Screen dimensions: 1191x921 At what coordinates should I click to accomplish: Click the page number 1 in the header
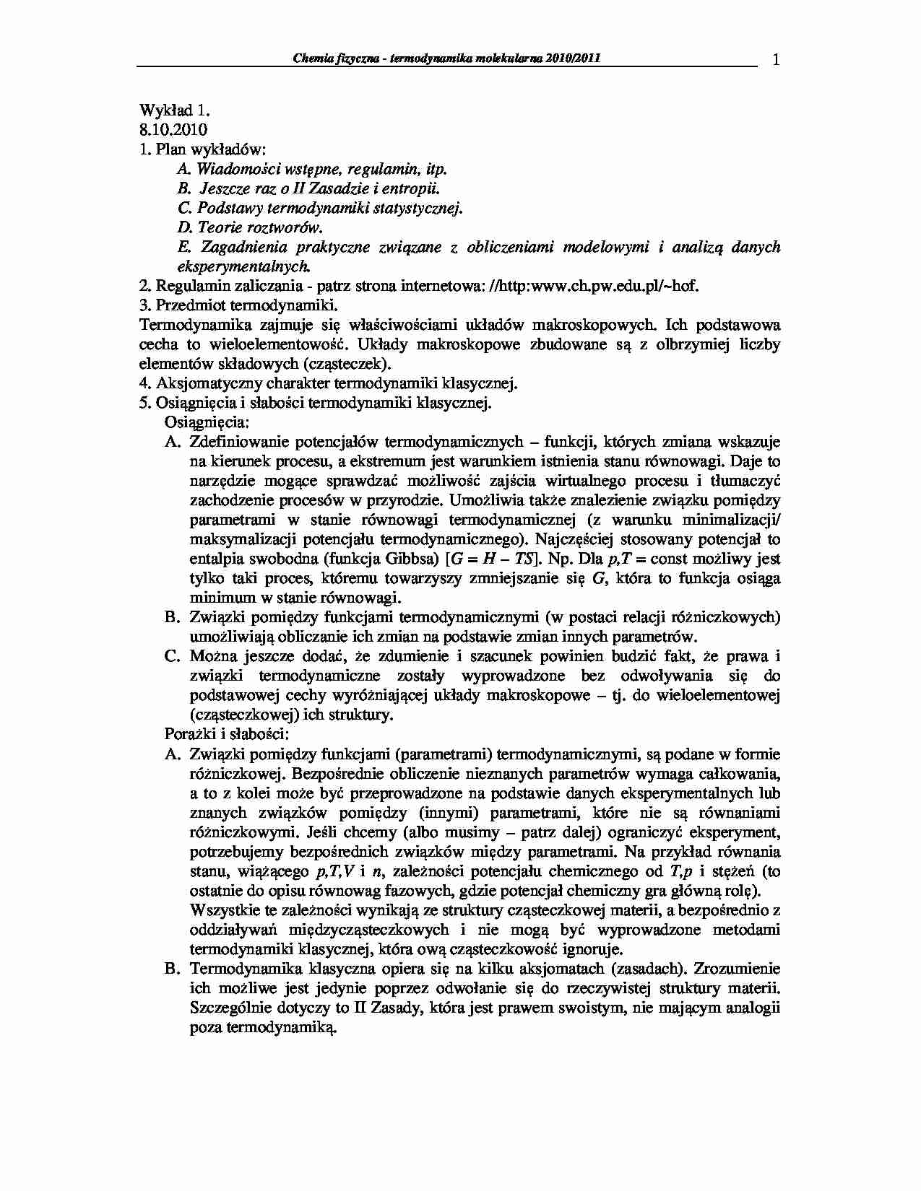point(775,61)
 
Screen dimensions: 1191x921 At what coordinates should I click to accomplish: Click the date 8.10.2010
point(173,130)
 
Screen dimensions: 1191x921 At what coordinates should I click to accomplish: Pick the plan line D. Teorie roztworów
point(249,227)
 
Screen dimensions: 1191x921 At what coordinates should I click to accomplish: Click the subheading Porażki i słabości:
point(227,734)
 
